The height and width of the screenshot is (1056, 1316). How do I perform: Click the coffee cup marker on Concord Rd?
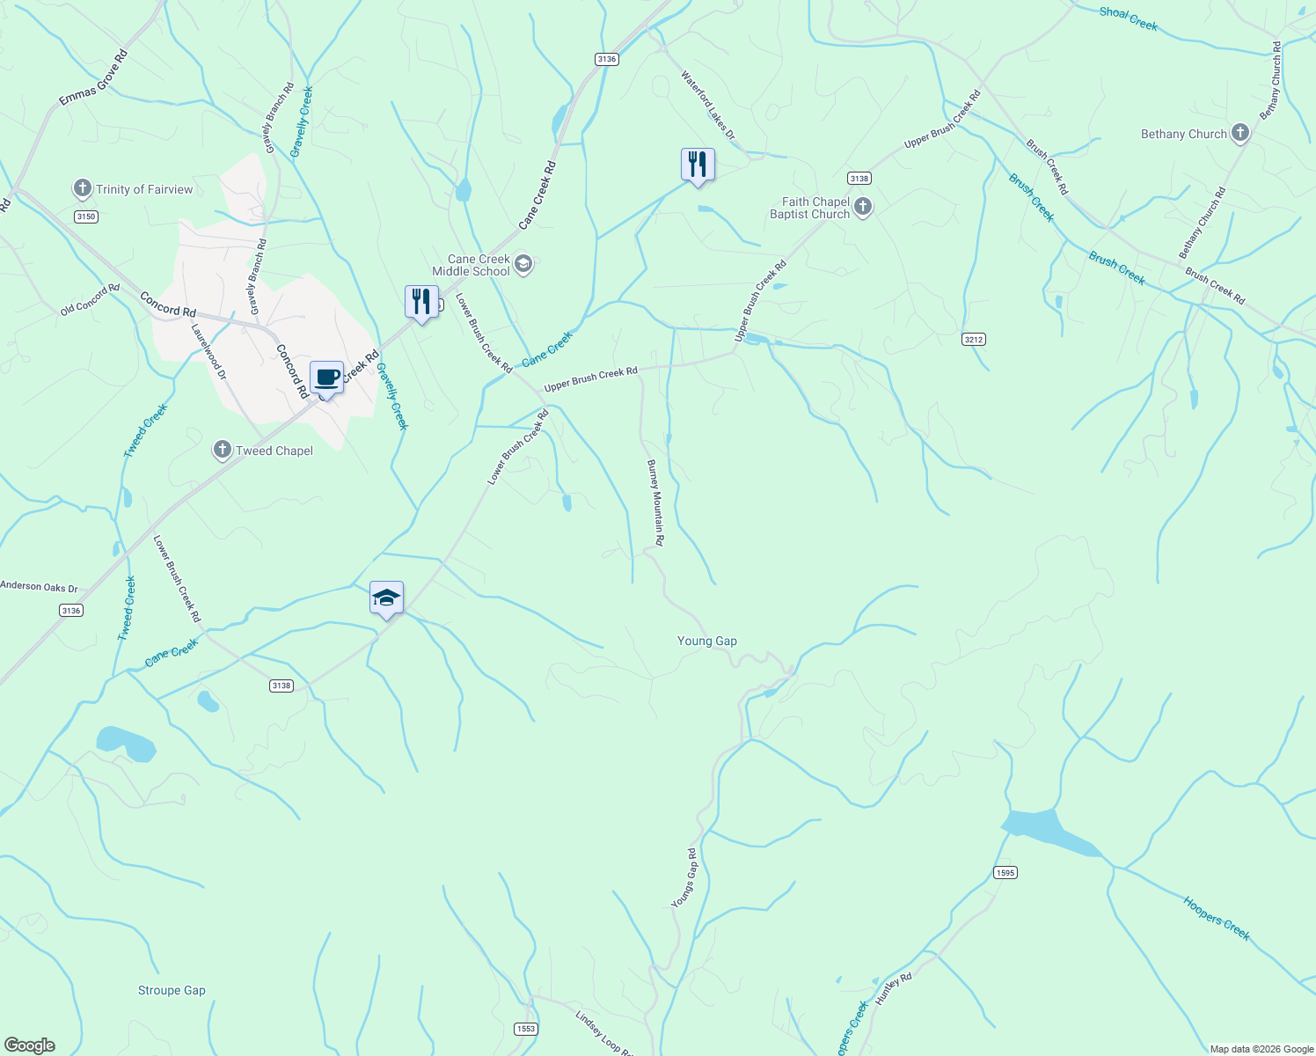click(x=326, y=378)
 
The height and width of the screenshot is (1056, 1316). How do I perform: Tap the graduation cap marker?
click(x=386, y=598)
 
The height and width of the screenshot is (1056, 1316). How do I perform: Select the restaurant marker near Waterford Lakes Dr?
click(x=698, y=165)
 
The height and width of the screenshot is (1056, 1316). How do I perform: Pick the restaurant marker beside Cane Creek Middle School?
click(x=421, y=302)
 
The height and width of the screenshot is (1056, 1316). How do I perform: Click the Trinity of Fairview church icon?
click(x=82, y=189)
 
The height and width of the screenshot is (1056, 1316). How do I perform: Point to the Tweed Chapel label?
click(x=274, y=451)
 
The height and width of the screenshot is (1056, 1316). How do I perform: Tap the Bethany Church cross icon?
click(x=1240, y=134)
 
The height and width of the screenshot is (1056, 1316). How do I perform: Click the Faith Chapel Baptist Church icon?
click(x=863, y=208)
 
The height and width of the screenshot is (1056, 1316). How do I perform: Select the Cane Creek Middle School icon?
click(x=523, y=265)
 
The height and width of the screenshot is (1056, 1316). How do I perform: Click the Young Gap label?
click(x=707, y=641)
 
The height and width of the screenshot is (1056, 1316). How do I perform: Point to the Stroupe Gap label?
click(x=172, y=990)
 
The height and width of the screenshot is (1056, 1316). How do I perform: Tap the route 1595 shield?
click(x=1005, y=873)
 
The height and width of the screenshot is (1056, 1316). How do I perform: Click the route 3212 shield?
click(x=973, y=339)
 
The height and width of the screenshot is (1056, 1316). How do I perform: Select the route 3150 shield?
click(x=85, y=216)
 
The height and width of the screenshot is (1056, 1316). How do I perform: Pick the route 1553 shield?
click(x=525, y=1029)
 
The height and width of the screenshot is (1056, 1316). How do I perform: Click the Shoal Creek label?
click(x=1128, y=18)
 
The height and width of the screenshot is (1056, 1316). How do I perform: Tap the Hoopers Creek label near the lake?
click(x=1216, y=918)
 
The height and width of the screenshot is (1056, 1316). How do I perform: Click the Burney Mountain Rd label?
click(x=656, y=502)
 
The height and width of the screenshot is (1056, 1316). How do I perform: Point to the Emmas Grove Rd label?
click(x=93, y=78)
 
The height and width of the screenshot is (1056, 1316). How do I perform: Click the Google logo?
click(x=30, y=1045)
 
